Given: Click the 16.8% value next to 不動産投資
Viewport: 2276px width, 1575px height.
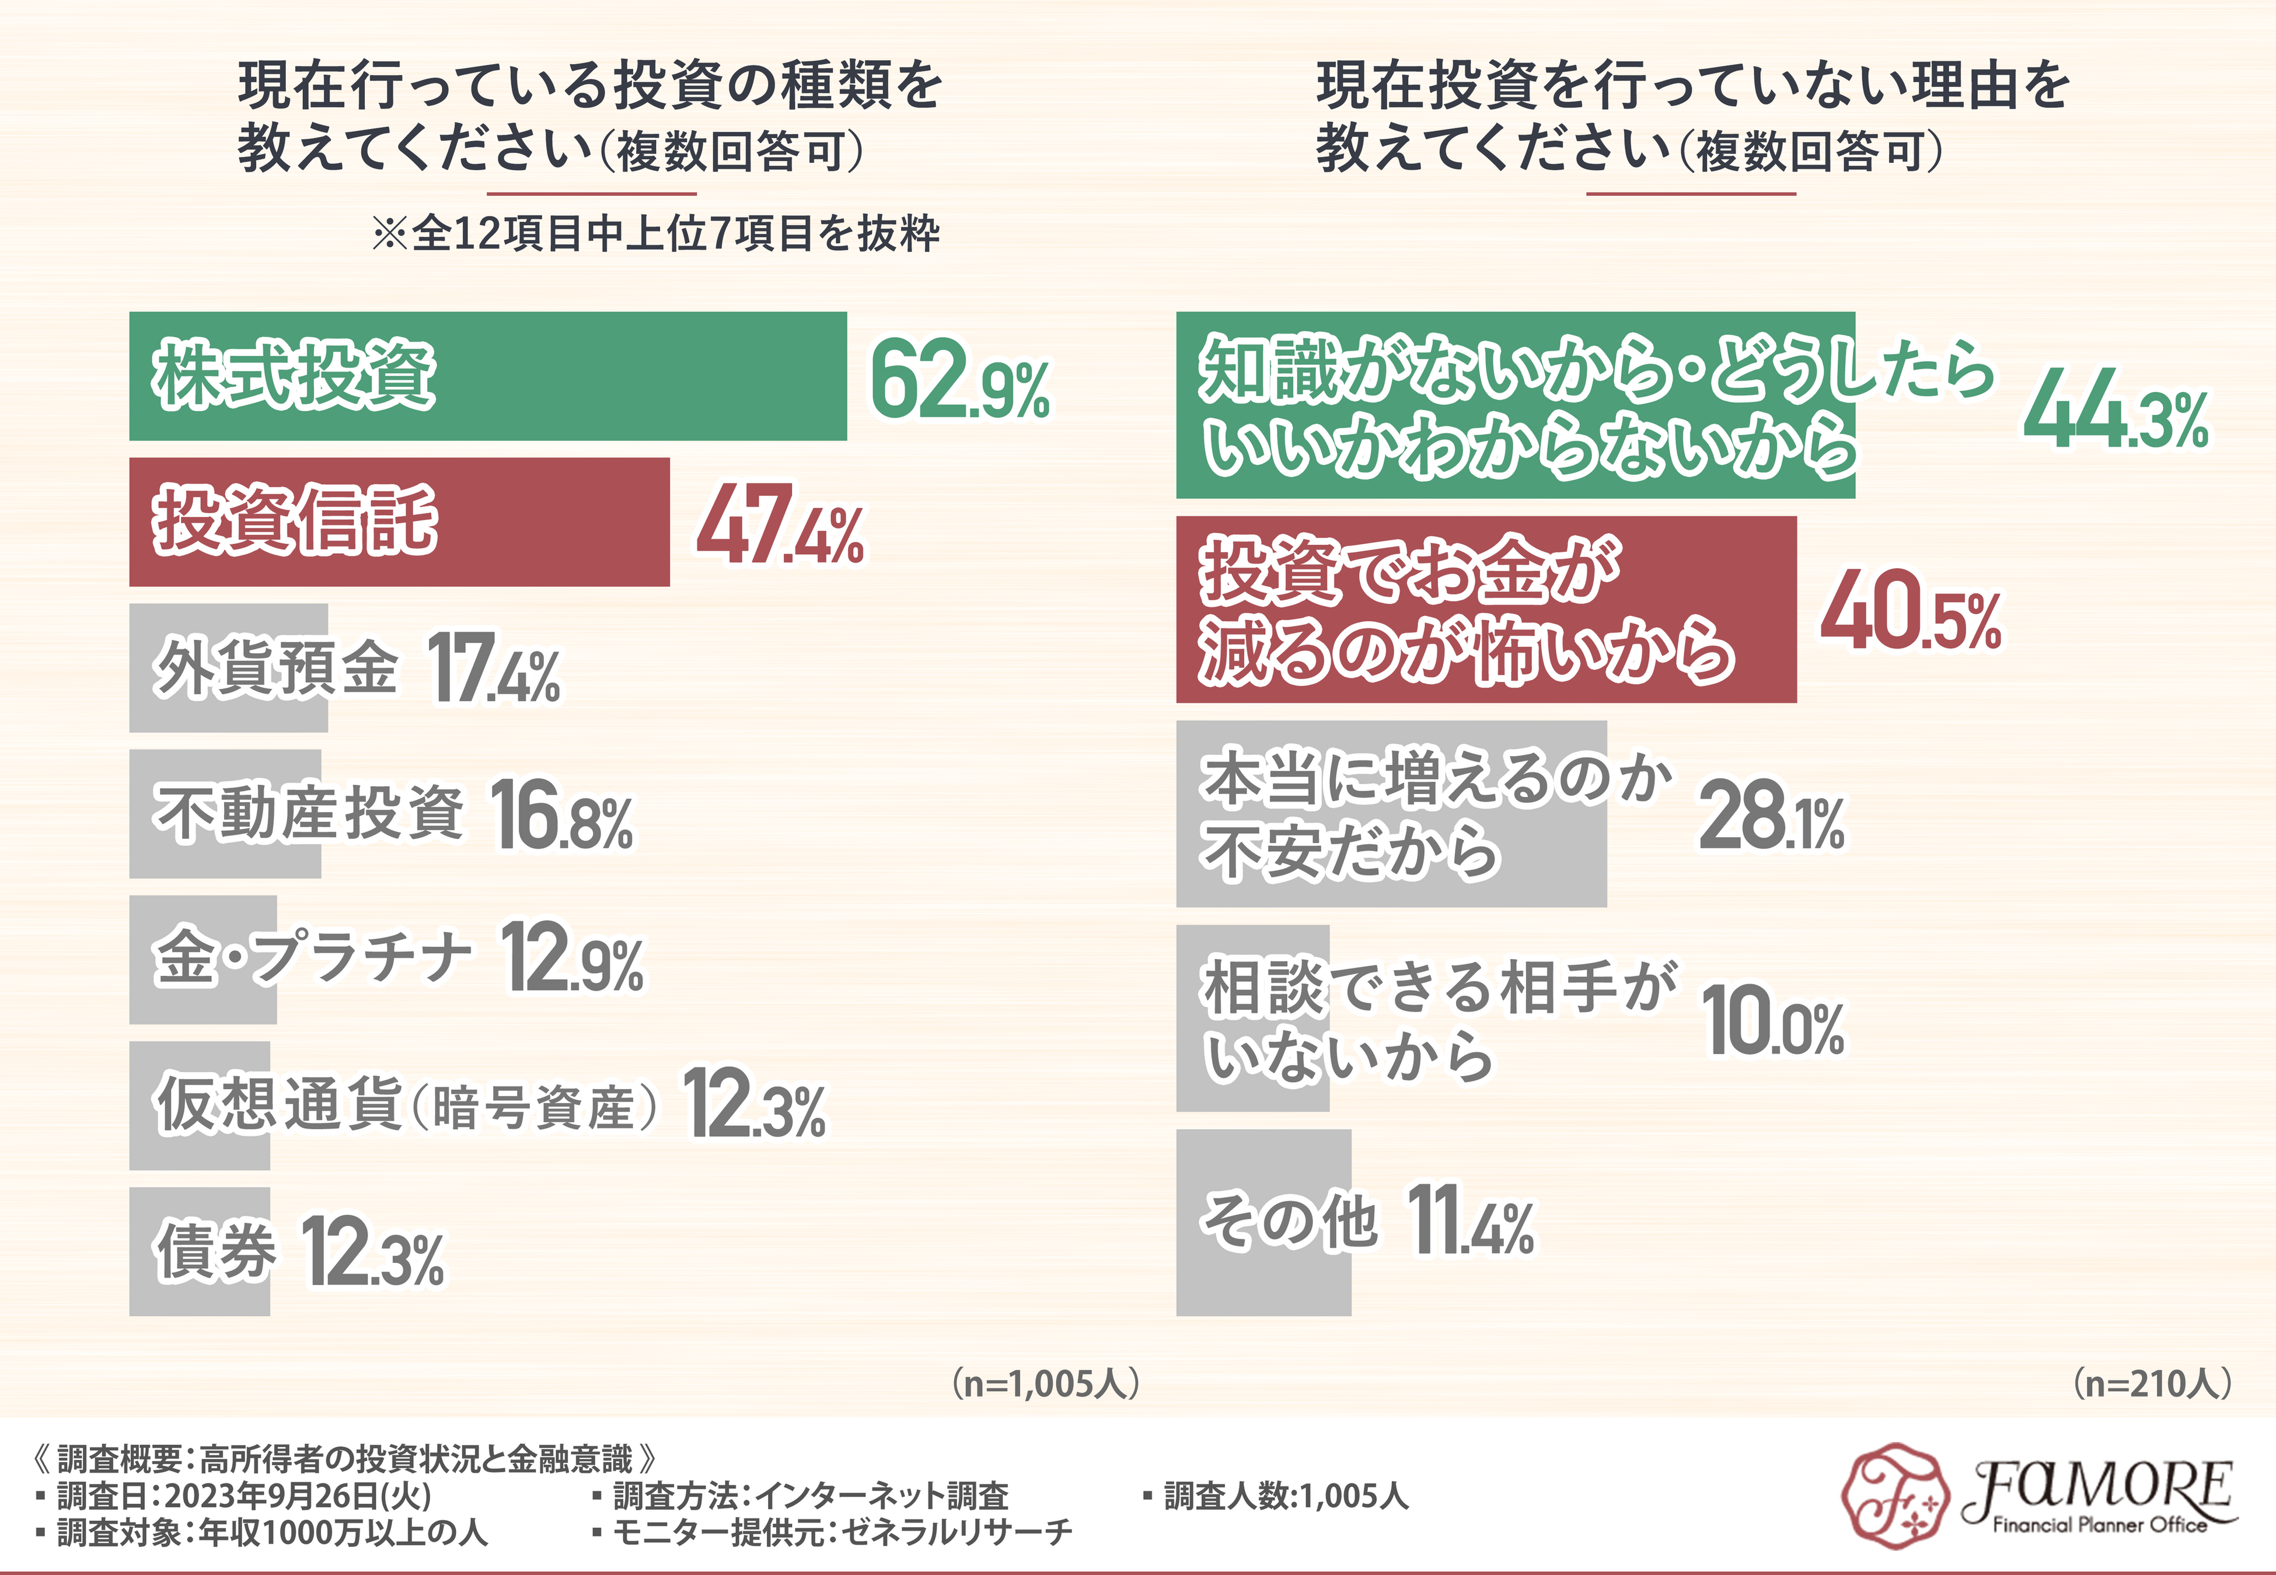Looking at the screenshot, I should point(561,815).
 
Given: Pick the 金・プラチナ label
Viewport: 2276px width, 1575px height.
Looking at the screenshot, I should point(312,957).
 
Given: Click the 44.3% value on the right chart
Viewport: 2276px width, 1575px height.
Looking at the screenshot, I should point(2115,408).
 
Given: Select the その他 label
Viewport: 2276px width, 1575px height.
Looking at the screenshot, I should point(1288,1221).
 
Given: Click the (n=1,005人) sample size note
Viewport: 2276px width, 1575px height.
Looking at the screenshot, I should point(1046,1384).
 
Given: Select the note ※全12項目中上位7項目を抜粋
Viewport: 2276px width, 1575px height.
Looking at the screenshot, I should point(655,234).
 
